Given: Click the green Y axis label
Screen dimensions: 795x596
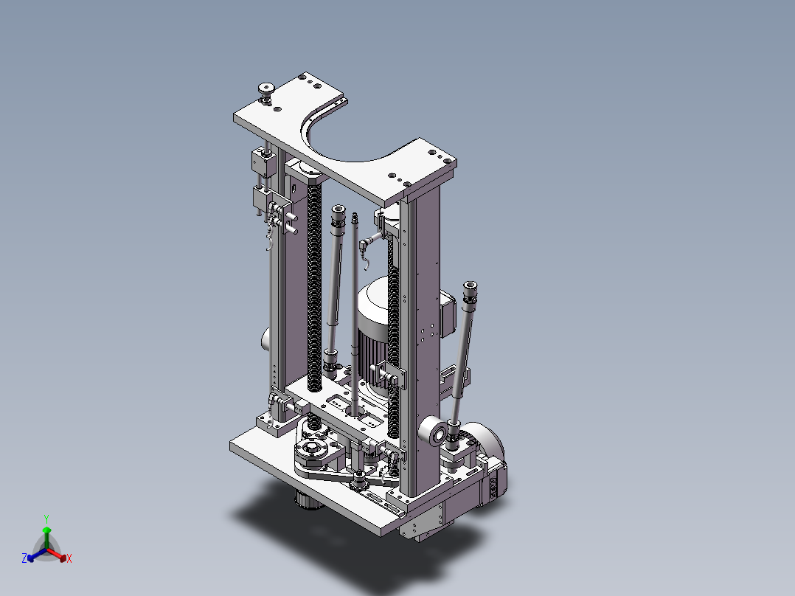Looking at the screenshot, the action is (x=46, y=519).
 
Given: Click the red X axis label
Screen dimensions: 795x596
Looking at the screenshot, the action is (x=69, y=558).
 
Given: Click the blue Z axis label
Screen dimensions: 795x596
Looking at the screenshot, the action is (x=24, y=558).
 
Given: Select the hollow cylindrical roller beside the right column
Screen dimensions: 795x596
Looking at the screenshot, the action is (x=434, y=432).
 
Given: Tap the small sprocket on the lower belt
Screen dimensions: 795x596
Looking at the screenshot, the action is (x=360, y=481).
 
